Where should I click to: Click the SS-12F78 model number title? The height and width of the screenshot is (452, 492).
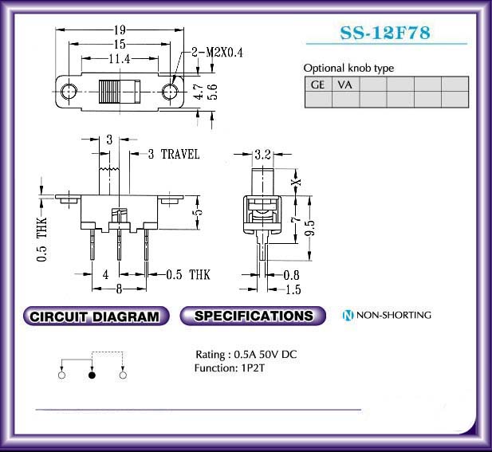[385, 33]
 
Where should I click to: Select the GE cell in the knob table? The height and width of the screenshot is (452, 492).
[318, 85]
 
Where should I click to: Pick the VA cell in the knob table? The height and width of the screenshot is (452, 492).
[345, 85]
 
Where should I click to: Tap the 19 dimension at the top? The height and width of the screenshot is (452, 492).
[120, 30]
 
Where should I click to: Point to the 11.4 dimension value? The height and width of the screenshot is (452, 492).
[120, 59]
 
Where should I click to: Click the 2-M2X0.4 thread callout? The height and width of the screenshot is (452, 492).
[217, 53]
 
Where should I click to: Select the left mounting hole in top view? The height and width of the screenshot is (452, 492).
[69, 92]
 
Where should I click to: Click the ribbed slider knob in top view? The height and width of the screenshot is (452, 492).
[120, 92]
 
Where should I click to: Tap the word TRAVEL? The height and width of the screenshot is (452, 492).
[180, 154]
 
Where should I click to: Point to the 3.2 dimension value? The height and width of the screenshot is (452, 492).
[262, 155]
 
